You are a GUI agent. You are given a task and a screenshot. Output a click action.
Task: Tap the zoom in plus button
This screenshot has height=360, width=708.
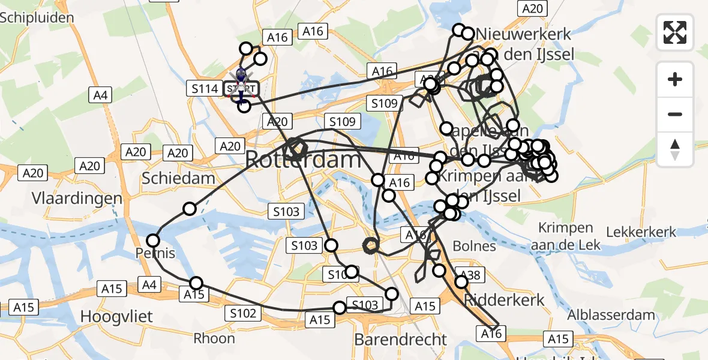coord(675,80)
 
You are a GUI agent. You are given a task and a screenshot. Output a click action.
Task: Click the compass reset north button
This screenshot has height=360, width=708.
coord(675,149)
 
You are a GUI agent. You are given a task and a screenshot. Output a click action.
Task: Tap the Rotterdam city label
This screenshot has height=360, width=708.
coord(304,160)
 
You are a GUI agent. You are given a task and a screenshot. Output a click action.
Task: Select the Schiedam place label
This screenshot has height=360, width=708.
coord(178,178)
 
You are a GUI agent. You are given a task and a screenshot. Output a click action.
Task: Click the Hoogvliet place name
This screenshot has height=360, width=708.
coord(117,316)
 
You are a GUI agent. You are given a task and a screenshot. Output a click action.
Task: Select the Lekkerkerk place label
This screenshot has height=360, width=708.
coord(641,232)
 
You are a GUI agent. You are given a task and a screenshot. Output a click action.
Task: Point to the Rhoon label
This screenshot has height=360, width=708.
coord(214,338)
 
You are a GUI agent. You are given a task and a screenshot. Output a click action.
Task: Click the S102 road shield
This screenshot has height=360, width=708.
coord(243,313)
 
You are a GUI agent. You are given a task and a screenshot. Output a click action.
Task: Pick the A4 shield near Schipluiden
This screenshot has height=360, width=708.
coord(101,94)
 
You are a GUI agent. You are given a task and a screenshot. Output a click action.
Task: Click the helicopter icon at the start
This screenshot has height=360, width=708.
coord(241,76)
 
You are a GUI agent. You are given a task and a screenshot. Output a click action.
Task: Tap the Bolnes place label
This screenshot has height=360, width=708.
coord(474,246)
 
